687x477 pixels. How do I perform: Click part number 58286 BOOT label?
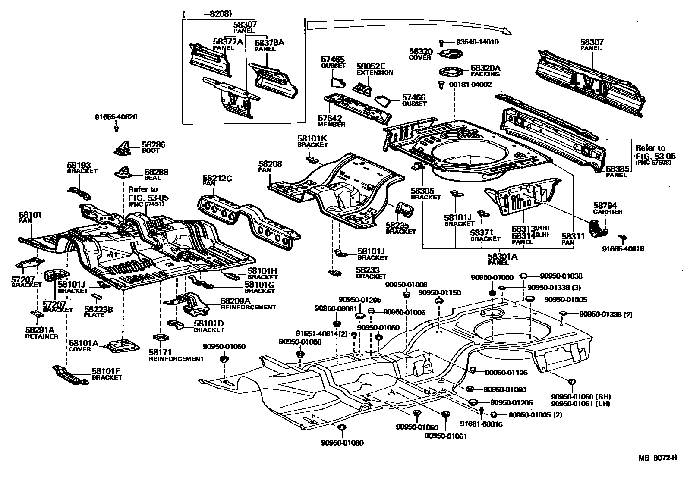coord(154,147)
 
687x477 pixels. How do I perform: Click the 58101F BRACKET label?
coord(106,373)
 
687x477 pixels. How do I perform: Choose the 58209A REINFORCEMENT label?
coord(248,304)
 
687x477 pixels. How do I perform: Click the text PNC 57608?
coord(653,163)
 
